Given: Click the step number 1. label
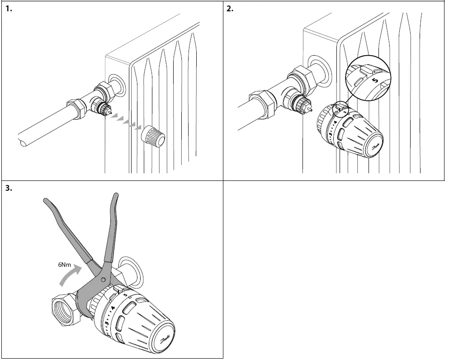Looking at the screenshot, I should [x=9, y=9].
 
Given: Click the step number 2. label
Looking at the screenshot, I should [x=230, y=9].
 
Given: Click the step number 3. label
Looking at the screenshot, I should [x=9, y=189].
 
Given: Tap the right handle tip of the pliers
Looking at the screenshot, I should [x=116, y=195].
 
